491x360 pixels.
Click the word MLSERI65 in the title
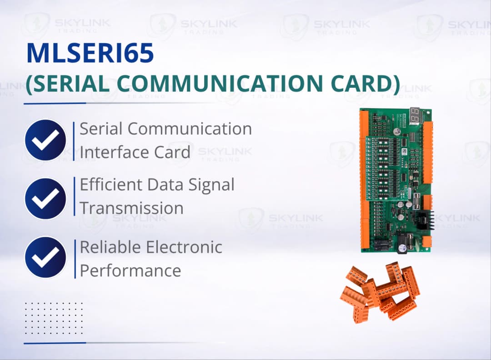90,53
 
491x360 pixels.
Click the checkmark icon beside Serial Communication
45,140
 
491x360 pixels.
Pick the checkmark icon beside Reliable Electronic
45,257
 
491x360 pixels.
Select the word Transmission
132,208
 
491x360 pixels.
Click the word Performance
130,270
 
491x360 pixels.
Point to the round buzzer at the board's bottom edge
402,248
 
